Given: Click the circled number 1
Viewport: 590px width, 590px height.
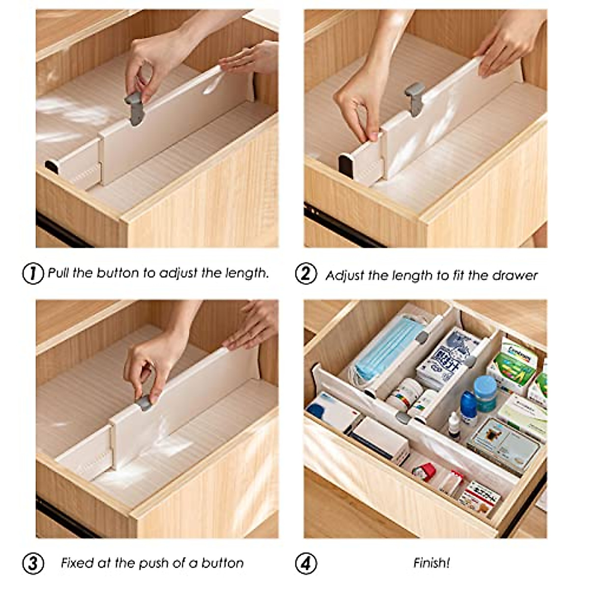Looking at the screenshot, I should [33, 273].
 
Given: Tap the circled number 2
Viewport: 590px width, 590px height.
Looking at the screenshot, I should [306, 273].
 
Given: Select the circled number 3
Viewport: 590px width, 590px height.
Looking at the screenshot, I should [33, 563].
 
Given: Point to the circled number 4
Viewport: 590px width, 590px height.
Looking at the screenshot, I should [306, 563].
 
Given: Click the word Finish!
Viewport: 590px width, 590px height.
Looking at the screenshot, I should [431, 563].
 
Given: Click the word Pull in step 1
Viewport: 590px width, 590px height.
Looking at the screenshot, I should [59, 273].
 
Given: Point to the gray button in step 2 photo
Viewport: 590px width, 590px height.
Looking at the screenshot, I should [414, 98].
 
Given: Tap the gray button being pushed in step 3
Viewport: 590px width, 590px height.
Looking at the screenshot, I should [144, 403].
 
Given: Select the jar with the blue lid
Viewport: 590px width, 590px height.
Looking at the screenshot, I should [485, 393].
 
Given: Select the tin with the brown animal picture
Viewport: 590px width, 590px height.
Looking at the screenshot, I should [501, 445].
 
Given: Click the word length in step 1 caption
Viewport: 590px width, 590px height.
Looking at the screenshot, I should [247, 273].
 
